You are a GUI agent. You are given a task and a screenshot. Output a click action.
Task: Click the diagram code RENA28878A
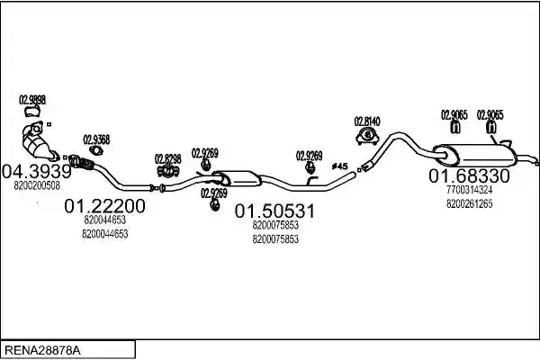(42, 351)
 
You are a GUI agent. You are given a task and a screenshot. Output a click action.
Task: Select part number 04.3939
(37, 171)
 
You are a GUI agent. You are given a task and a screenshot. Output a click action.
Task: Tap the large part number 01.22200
(104, 206)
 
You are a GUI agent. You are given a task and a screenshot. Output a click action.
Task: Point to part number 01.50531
(274, 211)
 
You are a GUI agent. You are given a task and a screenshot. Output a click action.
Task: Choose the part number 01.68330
(469, 176)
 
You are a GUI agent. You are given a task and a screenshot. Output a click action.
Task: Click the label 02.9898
(32, 100)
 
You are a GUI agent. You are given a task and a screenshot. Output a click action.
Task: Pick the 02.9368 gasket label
(96, 139)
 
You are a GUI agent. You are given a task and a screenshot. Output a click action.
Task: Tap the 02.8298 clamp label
(167, 159)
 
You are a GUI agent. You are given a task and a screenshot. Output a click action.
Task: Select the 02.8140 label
(367, 121)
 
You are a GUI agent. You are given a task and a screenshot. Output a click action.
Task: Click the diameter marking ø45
(340, 166)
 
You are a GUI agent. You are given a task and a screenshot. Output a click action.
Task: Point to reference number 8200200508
(37, 185)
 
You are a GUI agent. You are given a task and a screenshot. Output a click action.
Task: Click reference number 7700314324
(470, 190)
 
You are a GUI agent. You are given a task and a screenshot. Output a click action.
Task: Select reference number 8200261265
(470, 203)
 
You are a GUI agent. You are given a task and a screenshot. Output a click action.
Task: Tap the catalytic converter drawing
(37, 143)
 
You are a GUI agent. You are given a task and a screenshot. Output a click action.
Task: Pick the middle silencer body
(238, 179)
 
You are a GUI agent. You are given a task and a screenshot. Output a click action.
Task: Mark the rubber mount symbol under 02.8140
(367, 136)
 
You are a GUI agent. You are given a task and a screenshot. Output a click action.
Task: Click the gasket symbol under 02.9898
(32, 112)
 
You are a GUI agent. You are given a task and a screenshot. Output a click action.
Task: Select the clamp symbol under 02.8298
(167, 170)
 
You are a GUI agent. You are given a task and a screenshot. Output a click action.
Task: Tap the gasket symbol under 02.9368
(96, 150)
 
